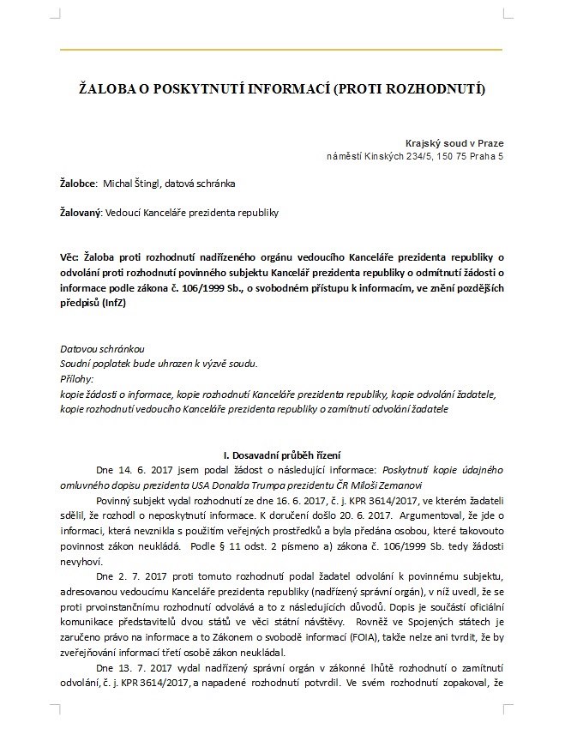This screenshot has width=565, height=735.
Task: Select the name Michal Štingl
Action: (x=133, y=184)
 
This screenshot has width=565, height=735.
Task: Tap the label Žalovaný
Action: (x=81, y=213)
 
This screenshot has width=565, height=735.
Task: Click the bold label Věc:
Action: (x=71, y=256)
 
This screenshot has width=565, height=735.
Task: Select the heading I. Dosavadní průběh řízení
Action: (x=283, y=455)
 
